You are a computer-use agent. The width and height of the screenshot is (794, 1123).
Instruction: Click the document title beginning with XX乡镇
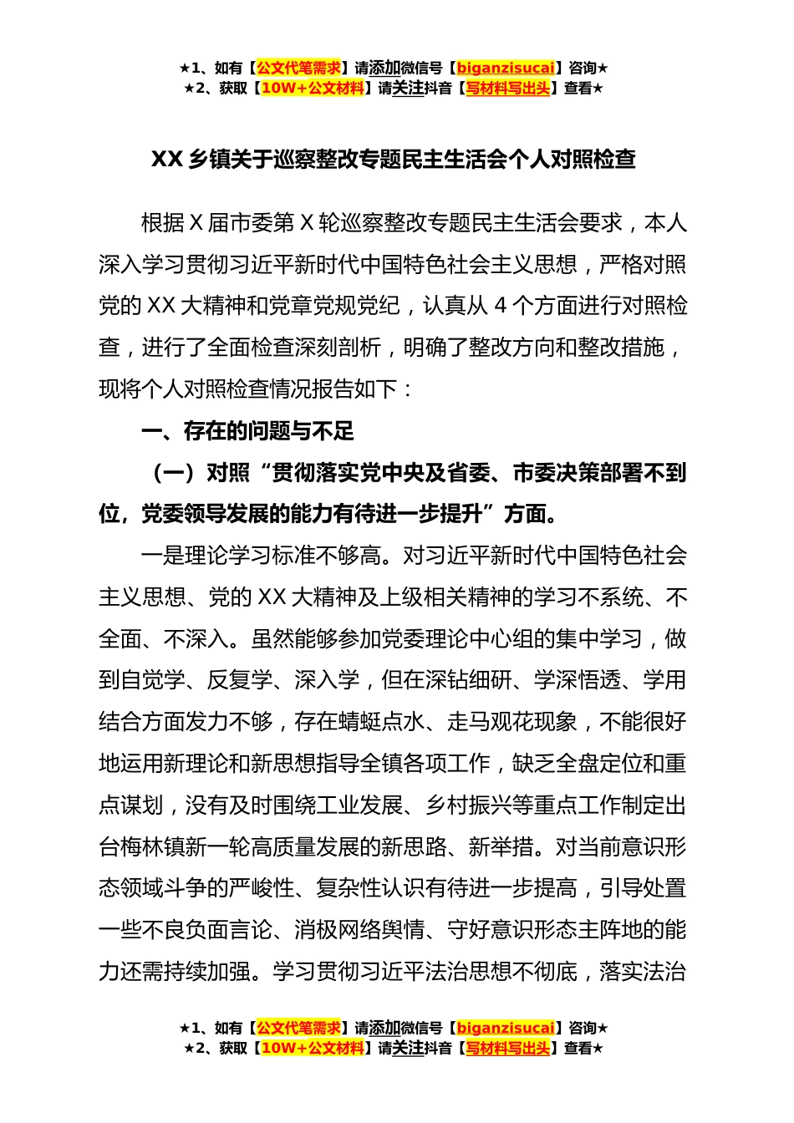coord(393,160)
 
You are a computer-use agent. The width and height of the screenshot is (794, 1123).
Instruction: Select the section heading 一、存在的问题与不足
coord(247,431)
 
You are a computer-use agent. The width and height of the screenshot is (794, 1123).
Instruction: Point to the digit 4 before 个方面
coord(500,306)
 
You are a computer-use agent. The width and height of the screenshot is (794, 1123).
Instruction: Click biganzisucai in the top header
coord(506,69)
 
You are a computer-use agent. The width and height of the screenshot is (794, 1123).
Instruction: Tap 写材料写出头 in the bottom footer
coord(508,1048)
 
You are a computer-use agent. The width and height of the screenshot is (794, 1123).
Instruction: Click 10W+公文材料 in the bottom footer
coord(313,1048)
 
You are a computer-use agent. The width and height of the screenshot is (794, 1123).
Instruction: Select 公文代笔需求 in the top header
coord(298,69)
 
